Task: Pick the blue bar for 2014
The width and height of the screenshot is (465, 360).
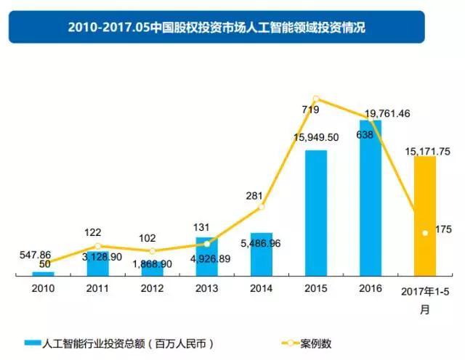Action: [x=261, y=254]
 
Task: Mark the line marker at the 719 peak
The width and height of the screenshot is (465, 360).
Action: [x=316, y=99]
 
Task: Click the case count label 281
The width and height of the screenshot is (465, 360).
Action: [x=255, y=195]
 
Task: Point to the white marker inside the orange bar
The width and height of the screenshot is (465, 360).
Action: [x=425, y=233]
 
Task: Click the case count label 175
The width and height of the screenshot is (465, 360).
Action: [x=443, y=229]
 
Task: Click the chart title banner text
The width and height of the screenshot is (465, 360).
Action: [x=217, y=28]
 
